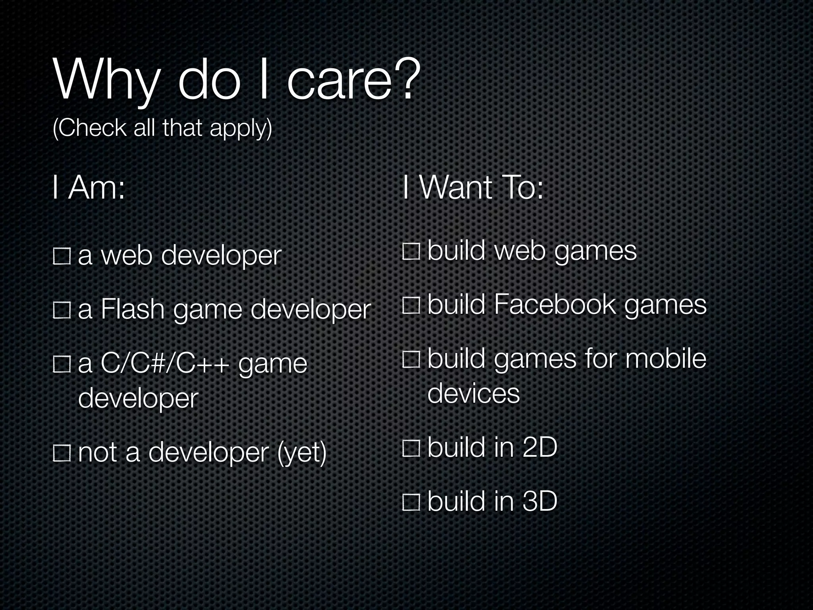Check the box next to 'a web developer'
click(62, 256)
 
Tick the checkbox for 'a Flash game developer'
click(62, 310)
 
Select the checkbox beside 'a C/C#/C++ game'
click(62, 364)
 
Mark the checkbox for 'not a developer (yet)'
click(62, 453)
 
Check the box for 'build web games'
click(411, 252)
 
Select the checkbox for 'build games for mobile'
click(411, 359)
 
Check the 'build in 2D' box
click(411, 448)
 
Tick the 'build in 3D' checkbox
click(411, 502)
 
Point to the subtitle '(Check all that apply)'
click(162, 128)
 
